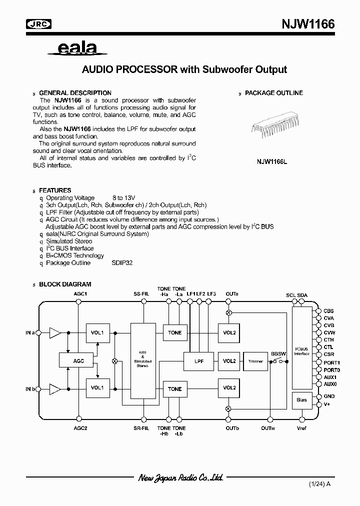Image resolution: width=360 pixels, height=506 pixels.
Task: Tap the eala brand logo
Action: [x=77, y=48]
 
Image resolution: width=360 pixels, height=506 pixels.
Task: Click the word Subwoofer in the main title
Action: [x=227, y=69]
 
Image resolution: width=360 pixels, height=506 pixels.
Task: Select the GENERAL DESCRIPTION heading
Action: [x=75, y=93]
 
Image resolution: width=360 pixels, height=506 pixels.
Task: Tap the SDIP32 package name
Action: [x=122, y=262]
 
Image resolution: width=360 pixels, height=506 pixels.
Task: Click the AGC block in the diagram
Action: [x=78, y=360]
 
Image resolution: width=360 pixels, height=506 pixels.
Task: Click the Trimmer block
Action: [x=255, y=361]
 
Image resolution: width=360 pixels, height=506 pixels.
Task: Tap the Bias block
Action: [x=301, y=400]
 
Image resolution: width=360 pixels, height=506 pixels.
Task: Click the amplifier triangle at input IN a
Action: [x=54, y=332]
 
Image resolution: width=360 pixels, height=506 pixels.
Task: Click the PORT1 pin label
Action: [x=331, y=362]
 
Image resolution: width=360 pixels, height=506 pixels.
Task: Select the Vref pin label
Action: [x=302, y=428]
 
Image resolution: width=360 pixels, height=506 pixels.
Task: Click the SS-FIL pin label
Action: [x=141, y=294]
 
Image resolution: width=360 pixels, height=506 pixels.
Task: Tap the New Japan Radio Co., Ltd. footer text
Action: [x=180, y=477]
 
